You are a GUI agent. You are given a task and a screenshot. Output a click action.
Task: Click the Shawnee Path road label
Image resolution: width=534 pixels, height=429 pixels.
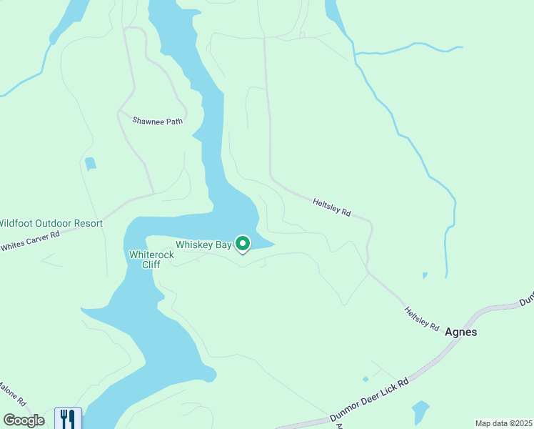[x=157, y=121]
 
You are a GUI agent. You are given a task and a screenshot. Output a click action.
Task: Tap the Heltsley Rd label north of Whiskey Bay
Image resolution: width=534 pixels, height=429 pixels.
[x=332, y=208]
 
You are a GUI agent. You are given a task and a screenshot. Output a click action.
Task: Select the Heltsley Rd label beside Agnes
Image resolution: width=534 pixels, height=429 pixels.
[x=421, y=318]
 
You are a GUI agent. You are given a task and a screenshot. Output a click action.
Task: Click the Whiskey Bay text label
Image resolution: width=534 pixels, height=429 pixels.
[x=203, y=245]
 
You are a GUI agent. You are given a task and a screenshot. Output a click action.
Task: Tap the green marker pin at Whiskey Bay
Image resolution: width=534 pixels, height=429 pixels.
[x=243, y=245]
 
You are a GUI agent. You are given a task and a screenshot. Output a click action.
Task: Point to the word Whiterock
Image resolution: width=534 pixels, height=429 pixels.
[x=151, y=254]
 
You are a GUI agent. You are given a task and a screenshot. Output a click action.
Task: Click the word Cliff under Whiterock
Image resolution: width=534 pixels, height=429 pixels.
[x=151, y=265]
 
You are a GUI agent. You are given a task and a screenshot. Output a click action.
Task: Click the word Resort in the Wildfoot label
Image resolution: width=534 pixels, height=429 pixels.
[x=89, y=223]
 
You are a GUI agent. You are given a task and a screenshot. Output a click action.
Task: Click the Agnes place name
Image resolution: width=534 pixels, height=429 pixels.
[x=460, y=332]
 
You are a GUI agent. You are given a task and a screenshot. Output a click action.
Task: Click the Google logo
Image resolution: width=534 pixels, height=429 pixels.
[x=24, y=420]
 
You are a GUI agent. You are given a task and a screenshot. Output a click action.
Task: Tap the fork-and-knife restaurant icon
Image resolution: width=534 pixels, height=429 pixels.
[x=68, y=418]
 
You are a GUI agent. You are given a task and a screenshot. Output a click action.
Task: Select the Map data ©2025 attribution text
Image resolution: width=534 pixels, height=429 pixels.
[x=503, y=423]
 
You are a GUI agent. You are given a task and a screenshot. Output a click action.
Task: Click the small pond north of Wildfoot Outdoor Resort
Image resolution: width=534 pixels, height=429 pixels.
[x=90, y=164]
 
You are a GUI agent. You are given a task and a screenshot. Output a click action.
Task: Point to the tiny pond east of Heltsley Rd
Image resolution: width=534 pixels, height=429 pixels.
[x=425, y=275]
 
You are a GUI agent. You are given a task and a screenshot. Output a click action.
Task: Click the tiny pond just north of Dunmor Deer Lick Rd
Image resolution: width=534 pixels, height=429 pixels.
[x=366, y=379]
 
